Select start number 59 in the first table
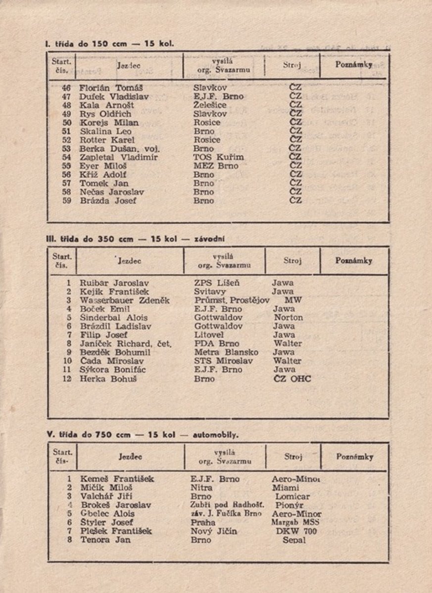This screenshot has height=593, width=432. coord(68,201)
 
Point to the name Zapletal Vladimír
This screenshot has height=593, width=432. coord(119,157)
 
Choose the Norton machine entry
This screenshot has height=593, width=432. coord(288,317)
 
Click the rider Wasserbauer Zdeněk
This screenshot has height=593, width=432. coord(125,300)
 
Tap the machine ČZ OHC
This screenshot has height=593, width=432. coord(292,379)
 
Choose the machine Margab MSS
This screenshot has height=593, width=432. coord(295,522)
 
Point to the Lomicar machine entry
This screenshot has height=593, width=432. coord(292,496)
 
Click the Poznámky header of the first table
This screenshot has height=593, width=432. coord(354,65)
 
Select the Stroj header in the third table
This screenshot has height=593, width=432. coord(293,457)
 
